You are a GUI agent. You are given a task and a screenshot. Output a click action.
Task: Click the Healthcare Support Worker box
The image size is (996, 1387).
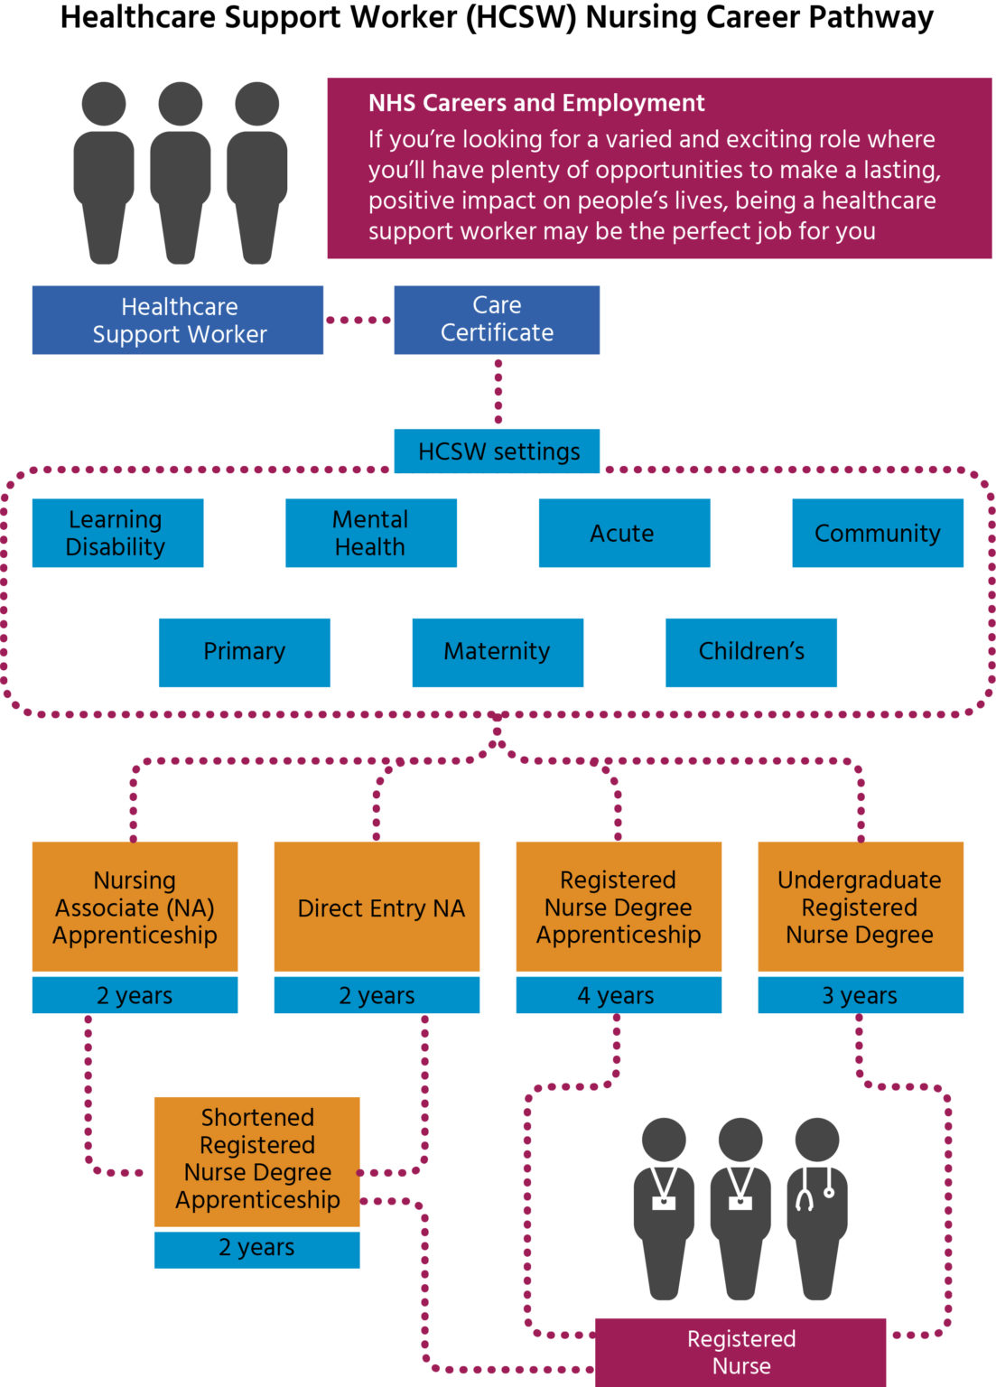tap(177, 320)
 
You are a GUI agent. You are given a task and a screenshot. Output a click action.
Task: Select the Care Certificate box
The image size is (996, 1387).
tap(497, 320)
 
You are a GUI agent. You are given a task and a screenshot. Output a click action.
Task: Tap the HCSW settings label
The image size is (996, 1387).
tap(497, 451)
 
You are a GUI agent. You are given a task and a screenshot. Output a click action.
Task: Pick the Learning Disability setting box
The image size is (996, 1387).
tap(117, 533)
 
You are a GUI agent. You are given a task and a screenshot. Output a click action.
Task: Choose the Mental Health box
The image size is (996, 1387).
tap(370, 533)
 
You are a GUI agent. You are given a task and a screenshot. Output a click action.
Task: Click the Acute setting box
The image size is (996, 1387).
tap(624, 533)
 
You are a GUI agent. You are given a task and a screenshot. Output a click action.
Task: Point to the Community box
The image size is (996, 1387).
tap(877, 533)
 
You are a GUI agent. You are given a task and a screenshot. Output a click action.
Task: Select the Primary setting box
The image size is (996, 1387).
tap(244, 652)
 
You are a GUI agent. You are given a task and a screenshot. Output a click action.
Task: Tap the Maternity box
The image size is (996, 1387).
tap(498, 652)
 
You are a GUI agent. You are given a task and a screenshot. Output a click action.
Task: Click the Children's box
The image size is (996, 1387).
tap(750, 652)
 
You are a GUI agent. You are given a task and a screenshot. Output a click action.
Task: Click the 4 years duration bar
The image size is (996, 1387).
tap(619, 995)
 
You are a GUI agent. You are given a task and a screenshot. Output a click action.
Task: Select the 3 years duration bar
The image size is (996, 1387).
tap(860, 995)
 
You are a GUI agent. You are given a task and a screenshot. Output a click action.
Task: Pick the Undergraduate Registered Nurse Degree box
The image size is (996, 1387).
tap(860, 907)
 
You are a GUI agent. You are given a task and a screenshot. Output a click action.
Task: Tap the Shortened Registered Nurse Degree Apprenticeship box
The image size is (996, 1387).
tap(256, 1161)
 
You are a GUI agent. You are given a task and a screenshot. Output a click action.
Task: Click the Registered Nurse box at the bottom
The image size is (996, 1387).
tap(740, 1352)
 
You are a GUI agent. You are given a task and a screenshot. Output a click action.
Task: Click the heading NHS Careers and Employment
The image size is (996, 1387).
tap(536, 103)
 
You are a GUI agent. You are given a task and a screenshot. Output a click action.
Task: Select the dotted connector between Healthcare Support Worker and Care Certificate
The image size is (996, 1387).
tap(358, 320)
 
